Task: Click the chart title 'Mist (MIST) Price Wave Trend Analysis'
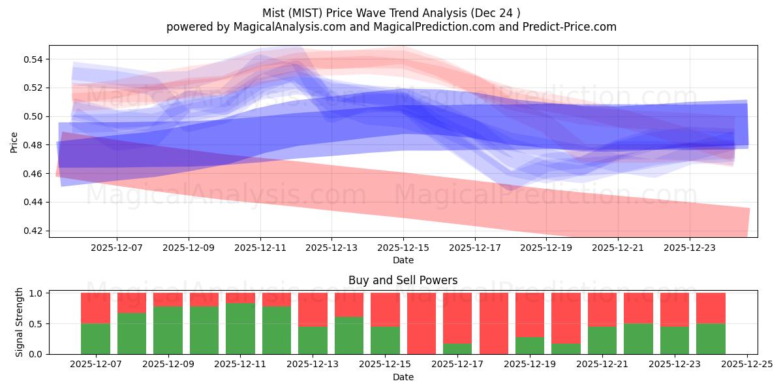coord(391,12)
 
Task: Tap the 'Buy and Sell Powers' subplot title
coord(403,280)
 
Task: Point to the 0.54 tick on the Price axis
coord(33,59)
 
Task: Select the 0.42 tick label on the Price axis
coord(33,231)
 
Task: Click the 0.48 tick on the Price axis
coord(33,145)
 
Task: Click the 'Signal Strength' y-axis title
coord(20,322)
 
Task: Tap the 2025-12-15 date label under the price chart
coord(403,248)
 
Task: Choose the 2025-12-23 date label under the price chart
coord(690,248)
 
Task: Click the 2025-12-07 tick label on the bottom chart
coord(96,365)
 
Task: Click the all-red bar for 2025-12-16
coord(422,323)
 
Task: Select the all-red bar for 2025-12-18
coord(494,323)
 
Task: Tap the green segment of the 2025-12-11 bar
coord(241,329)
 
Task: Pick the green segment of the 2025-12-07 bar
coord(96,338)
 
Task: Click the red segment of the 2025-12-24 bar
coord(711,308)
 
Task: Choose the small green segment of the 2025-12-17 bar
coord(457,349)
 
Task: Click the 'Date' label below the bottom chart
coord(403,377)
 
